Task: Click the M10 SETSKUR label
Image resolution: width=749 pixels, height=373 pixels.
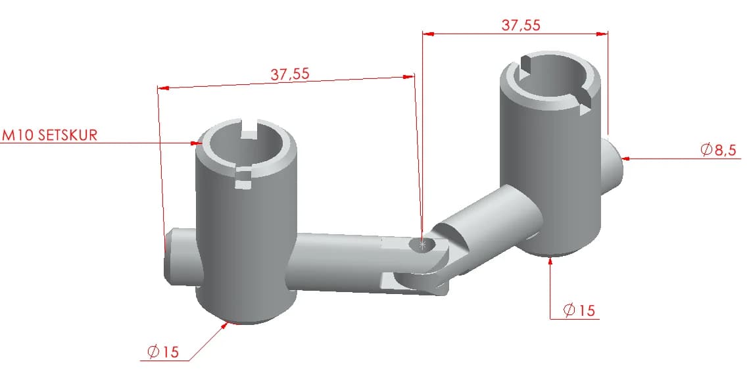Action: pos(50,135)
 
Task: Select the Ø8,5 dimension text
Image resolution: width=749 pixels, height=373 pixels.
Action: pos(719,150)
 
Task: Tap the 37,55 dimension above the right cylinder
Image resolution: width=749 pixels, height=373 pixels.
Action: pos(521,25)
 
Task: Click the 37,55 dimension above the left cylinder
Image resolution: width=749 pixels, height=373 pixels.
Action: pos(290,74)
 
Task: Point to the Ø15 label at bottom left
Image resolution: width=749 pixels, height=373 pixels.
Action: pos(163,353)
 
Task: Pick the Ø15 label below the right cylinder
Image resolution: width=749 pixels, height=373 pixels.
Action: pos(579,311)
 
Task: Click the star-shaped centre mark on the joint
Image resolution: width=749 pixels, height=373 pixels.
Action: pos(422,245)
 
